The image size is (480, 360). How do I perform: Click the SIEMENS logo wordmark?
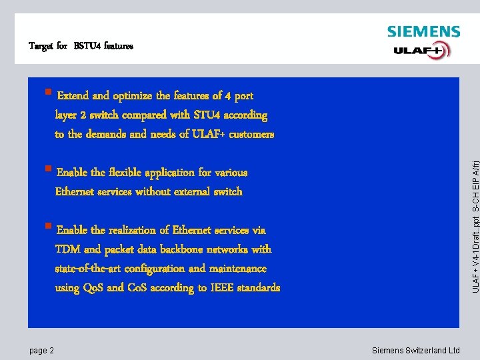[x=423, y=31]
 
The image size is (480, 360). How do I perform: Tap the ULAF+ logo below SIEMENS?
[x=422, y=51]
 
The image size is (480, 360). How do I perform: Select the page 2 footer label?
[x=41, y=351]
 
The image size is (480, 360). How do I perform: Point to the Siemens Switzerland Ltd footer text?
[x=415, y=351]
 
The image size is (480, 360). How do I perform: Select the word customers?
[x=251, y=135]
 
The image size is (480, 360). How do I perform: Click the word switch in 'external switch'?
[x=227, y=192]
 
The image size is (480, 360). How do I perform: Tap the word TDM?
[x=67, y=249]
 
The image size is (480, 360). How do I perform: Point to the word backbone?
[x=197, y=249]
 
